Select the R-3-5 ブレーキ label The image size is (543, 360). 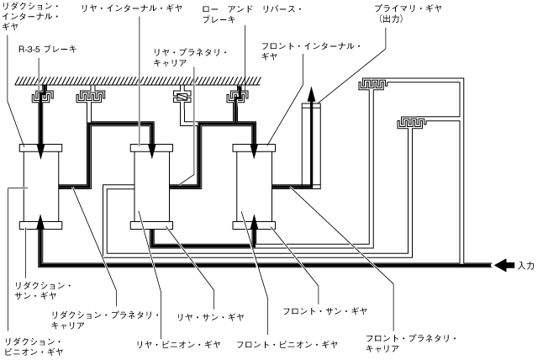[x=47, y=50]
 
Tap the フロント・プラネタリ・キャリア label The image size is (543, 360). [x=409, y=344]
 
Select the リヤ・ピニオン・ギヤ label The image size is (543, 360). [x=179, y=344]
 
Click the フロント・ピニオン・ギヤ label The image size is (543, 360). [x=287, y=344]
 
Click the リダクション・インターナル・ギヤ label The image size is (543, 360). [x=30, y=16]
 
